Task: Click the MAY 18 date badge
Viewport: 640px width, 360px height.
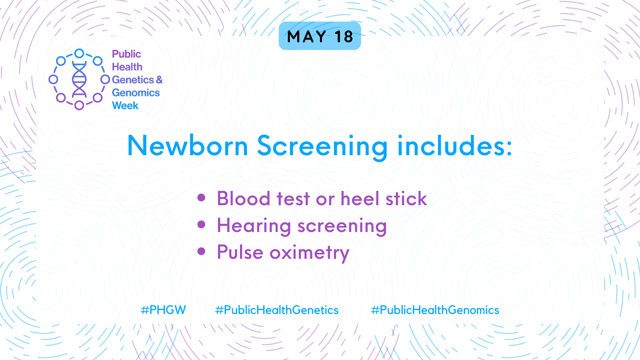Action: pyautogui.click(x=320, y=36)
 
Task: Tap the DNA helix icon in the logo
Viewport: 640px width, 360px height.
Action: pyautogui.click(x=79, y=80)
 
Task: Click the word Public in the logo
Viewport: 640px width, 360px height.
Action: pyautogui.click(x=126, y=54)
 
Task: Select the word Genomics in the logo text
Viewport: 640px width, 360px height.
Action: pyautogui.click(x=136, y=92)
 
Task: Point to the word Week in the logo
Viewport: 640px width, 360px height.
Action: pyautogui.click(x=125, y=106)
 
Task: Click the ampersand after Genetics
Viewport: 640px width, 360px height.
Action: pyautogui.click(x=159, y=80)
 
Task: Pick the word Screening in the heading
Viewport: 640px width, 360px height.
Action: pyautogui.click(x=322, y=148)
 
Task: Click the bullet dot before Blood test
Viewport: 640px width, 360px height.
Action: pyautogui.click(x=202, y=198)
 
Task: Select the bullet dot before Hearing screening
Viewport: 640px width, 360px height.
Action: pyautogui.click(x=202, y=224)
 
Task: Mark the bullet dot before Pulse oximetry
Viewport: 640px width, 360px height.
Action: pyautogui.click(x=202, y=251)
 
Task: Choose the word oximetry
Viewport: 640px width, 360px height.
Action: pyautogui.click(x=310, y=253)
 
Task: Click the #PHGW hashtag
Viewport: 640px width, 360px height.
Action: pyautogui.click(x=163, y=310)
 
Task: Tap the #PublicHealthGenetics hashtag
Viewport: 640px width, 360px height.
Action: pyautogui.click(x=276, y=310)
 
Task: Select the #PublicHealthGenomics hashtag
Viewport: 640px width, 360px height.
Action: pyautogui.click(x=435, y=310)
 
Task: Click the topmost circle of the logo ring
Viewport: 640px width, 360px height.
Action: pyautogui.click(x=79, y=54)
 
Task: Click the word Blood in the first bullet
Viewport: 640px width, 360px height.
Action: pyautogui.click(x=244, y=198)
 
